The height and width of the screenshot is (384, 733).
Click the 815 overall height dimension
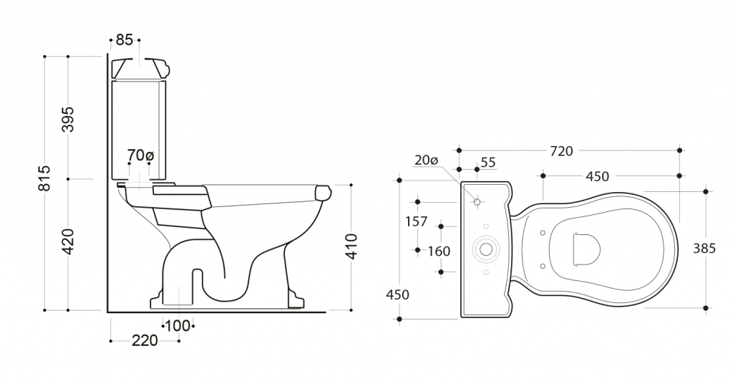(44, 178)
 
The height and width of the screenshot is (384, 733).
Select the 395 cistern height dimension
(68, 119)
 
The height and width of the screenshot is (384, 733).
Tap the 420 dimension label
(68, 242)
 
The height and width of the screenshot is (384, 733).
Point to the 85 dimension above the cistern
(125, 40)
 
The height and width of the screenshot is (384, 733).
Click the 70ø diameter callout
(140, 155)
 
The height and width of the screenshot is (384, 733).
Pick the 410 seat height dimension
(351, 246)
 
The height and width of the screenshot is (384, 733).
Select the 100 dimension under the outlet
(178, 325)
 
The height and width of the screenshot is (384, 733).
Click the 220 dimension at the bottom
(145, 341)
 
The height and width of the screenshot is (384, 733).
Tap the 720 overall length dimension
(561, 151)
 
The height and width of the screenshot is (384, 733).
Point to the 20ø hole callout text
(427, 160)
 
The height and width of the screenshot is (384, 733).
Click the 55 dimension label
(488, 163)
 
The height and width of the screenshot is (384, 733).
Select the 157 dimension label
(416, 221)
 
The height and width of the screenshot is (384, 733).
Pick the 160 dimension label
(439, 251)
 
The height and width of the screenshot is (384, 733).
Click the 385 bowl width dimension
(704, 249)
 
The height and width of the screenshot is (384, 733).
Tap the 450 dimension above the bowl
(598, 176)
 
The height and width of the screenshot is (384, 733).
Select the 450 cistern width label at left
(397, 295)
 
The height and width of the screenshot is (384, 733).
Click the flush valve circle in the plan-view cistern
(486, 249)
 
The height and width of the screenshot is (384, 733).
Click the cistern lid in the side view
(140, 68)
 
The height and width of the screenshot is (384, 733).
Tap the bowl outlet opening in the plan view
(587, 249)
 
